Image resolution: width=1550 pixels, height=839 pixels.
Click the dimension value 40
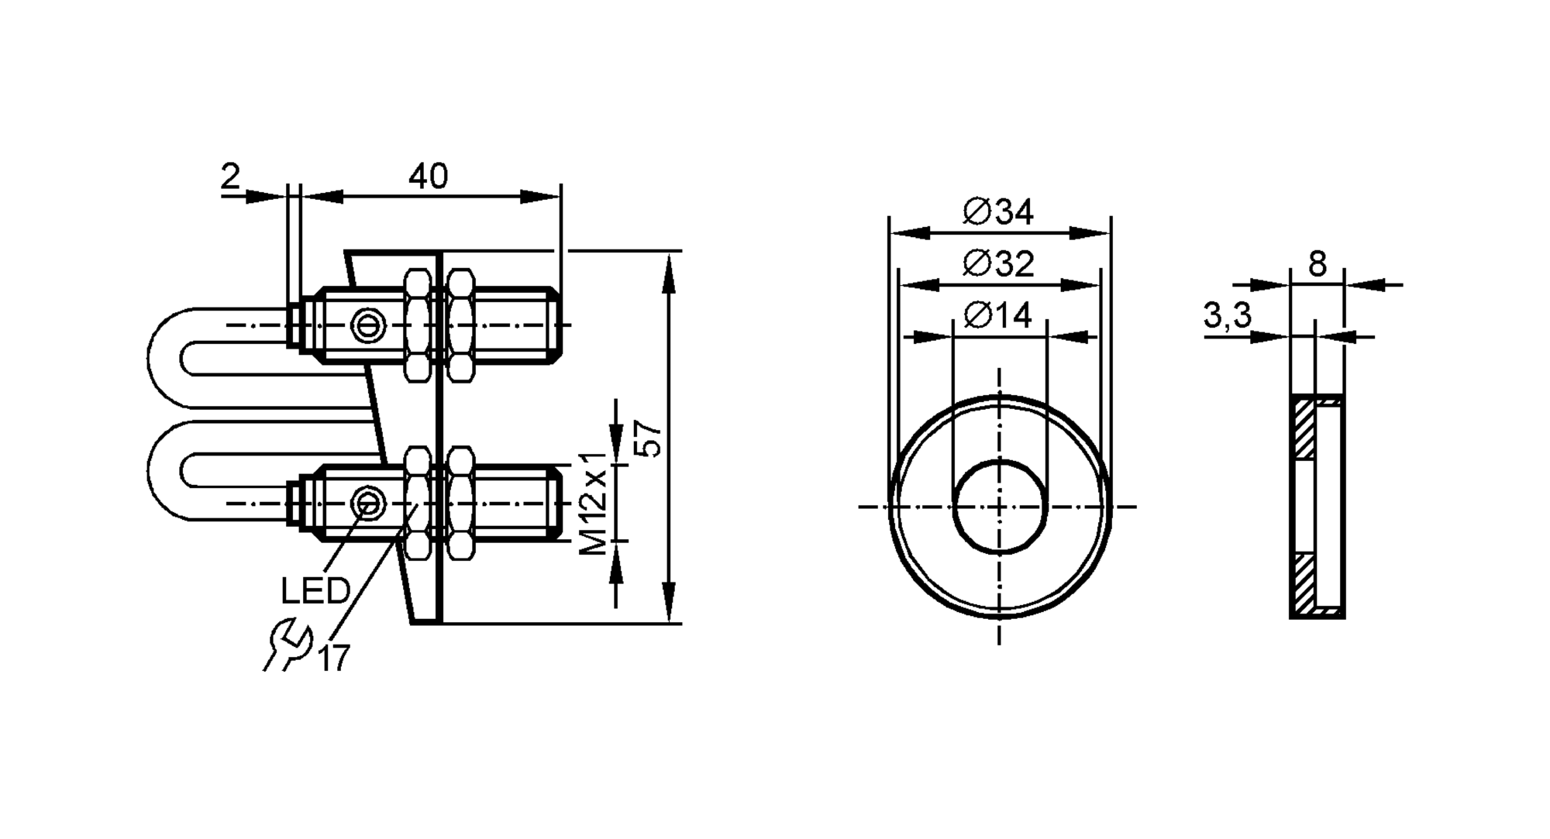[428, 177]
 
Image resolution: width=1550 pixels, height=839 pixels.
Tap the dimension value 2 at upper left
[230, 177]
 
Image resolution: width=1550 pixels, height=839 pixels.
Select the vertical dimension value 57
[649, 438]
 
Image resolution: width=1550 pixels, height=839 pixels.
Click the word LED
[315, 592]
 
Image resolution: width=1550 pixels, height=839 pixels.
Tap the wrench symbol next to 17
[287, 644]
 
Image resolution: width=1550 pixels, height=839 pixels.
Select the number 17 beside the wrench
[334, 658]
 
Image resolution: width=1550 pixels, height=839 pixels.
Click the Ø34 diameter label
[998, 211]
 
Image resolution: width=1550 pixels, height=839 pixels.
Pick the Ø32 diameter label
[998, 264]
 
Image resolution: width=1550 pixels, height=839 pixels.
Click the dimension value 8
[1317, 265]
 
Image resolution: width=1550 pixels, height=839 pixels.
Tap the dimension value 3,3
[1227, 315]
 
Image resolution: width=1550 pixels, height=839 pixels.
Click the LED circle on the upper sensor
[367, 325]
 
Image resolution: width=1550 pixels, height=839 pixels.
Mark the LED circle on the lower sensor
[367, 504]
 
